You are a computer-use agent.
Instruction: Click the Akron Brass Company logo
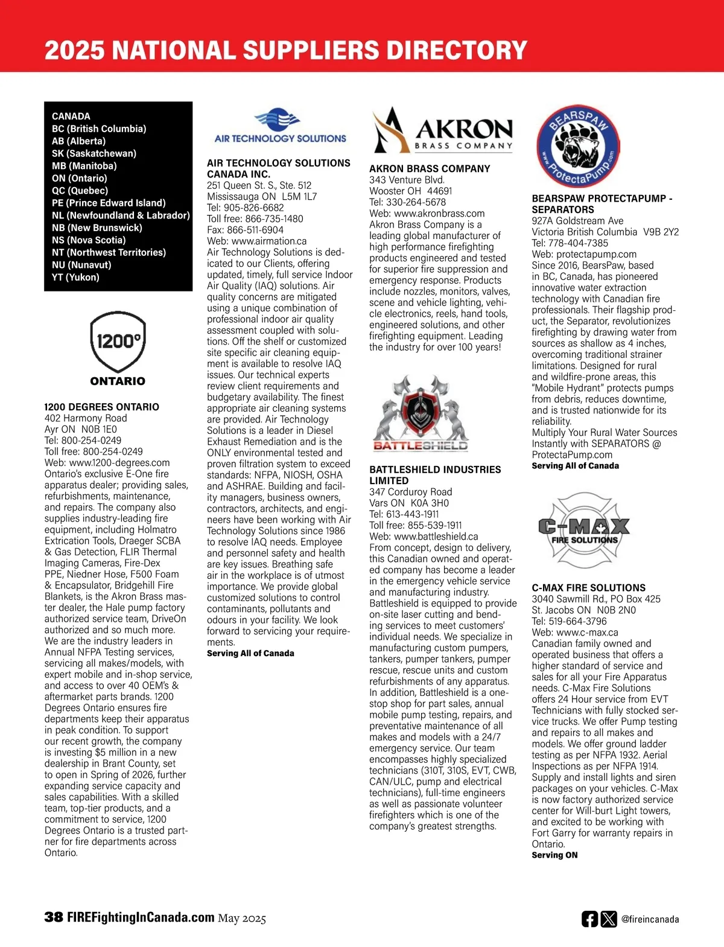(x=442, y=130)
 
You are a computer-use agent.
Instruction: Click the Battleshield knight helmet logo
(x=421, y=413)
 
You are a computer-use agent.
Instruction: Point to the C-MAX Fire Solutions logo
(x=583, y=528)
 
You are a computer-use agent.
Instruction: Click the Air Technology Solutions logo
(x=280, y=126)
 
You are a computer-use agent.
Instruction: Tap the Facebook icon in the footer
(x=589, y=919)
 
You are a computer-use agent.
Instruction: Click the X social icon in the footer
(x=609, y=919)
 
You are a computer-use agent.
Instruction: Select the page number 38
(x=54, y=917)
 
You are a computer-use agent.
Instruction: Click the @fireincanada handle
(x=650, y=920)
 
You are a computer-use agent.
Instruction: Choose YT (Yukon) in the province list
(x=75, y=277)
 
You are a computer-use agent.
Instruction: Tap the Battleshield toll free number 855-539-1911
(x=434, y=525)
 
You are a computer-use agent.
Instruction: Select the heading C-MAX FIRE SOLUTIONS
(x=588, y=587)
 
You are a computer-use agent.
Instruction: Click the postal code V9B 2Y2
(x=661, y=232)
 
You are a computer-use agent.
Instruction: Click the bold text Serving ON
(x=554, y=855)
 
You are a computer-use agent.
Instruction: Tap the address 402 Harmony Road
(x=86, y=418)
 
